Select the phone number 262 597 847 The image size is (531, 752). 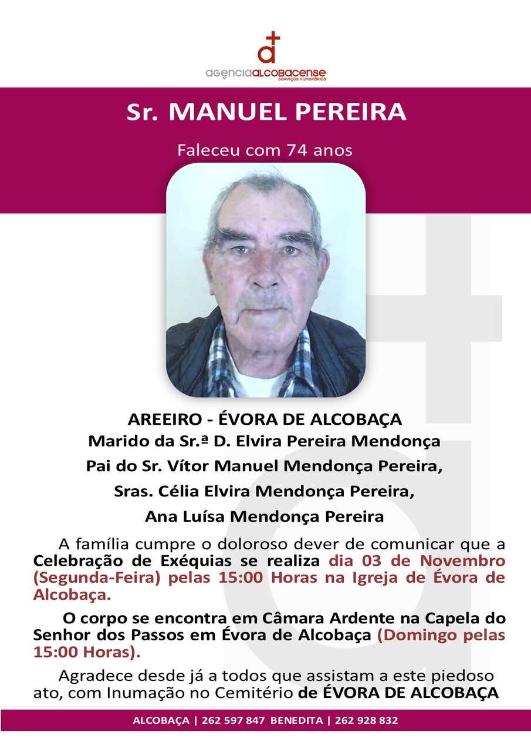coord(233,720)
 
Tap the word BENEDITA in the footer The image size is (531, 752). coord(296,720)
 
